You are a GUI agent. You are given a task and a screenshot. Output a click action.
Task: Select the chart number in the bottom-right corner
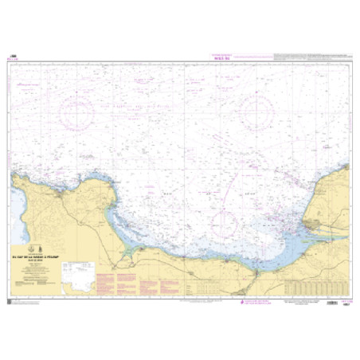pyautogui.click(x=347, y=307)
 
